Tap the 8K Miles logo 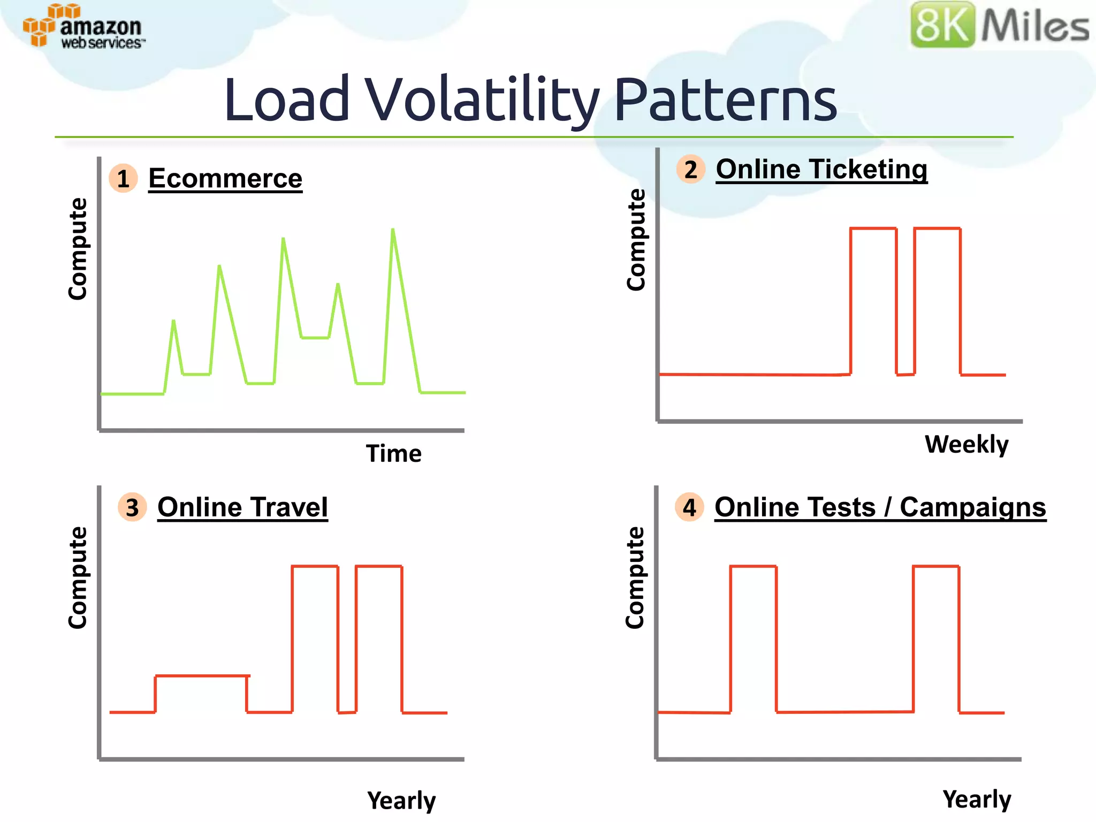(999, 25)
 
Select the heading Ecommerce (225, 178)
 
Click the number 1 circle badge (123, 178)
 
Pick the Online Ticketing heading (821, 169)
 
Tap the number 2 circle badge (690, 169)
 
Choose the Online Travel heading (242, 507)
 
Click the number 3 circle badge (132, 507)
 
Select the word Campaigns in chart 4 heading (972, 507)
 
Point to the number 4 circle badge (689, 507)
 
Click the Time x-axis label (393, 454)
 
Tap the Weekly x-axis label (966, 444)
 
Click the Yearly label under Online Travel (401, 801)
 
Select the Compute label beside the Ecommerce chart (78, 249)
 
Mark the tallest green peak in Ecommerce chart (393, 231)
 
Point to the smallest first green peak (173, 322)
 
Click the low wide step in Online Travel (202, 676)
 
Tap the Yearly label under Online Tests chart (977, 800)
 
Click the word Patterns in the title (725, 100)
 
